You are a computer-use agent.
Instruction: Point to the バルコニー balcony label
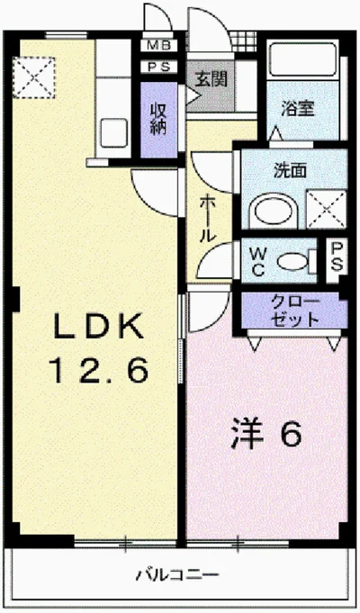(179, 573)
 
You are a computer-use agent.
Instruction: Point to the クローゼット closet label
(293, 311)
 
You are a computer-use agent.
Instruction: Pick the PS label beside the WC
(336, 255)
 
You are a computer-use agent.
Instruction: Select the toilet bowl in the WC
(292, 260)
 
